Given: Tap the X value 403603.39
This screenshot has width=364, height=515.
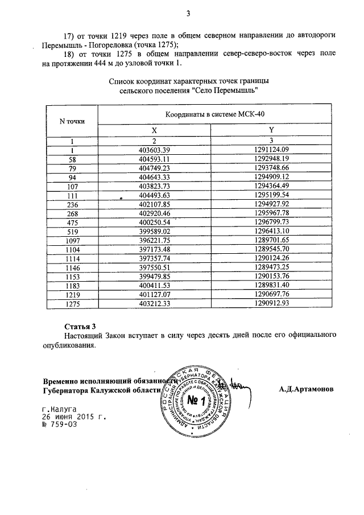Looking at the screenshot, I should pos(155,150).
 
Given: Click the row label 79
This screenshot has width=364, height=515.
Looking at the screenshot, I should pos(72,168).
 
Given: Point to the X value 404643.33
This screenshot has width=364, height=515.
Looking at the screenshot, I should pos(155,177).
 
